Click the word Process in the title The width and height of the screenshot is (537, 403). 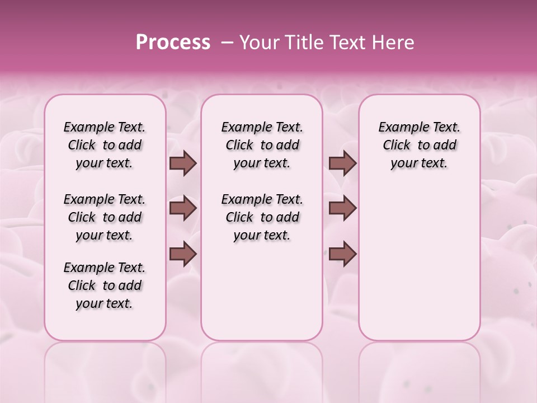tap(173, 43)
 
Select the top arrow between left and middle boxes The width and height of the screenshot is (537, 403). tap(183, 163)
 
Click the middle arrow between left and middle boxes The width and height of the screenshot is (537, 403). tap(183, 208)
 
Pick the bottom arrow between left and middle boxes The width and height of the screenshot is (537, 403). tap(183, 254)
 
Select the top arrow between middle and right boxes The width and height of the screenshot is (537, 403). tap(342, 163)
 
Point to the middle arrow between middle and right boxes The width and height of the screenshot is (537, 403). tap(342, 208)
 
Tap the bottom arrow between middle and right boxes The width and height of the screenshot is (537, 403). tap(342, 254)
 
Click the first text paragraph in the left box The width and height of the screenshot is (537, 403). tap(105, 145)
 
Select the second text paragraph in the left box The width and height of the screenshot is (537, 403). tap(105, 217)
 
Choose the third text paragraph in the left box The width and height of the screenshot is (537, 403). tap(105, 285)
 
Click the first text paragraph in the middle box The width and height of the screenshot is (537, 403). tap(262, 145)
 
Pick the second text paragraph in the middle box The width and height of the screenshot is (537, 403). tap(262, 217)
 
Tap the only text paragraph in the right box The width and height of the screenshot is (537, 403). tap(420, 145)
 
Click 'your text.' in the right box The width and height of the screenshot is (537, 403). tap(420, 163)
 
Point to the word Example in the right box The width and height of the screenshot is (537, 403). tap(398, 128)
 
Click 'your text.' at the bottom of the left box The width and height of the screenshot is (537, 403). tap(105, 303)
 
